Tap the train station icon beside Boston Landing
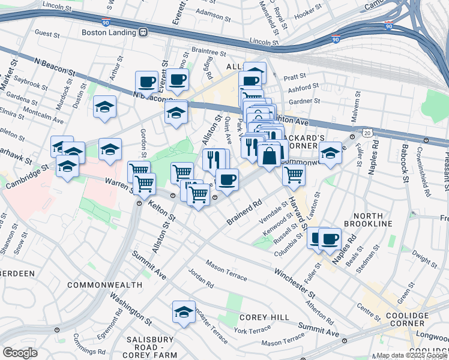click(143, 32)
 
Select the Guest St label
click(49, 33)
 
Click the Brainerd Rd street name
click(245, 213)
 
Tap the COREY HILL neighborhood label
click(256, 317)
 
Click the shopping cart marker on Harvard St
click(294, 175)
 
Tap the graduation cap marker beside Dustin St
click(105, 107)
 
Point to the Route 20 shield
click(367, 131)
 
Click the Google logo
click(20, 352)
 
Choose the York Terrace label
click(249, 331)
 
